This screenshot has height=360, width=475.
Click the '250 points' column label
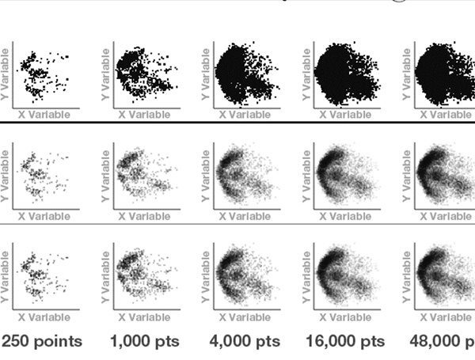42,342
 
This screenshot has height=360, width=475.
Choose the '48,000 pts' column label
442,342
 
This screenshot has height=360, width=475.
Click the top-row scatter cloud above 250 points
40,75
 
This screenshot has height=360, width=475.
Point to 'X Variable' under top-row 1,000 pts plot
144,115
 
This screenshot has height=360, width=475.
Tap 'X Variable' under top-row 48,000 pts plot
447,115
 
